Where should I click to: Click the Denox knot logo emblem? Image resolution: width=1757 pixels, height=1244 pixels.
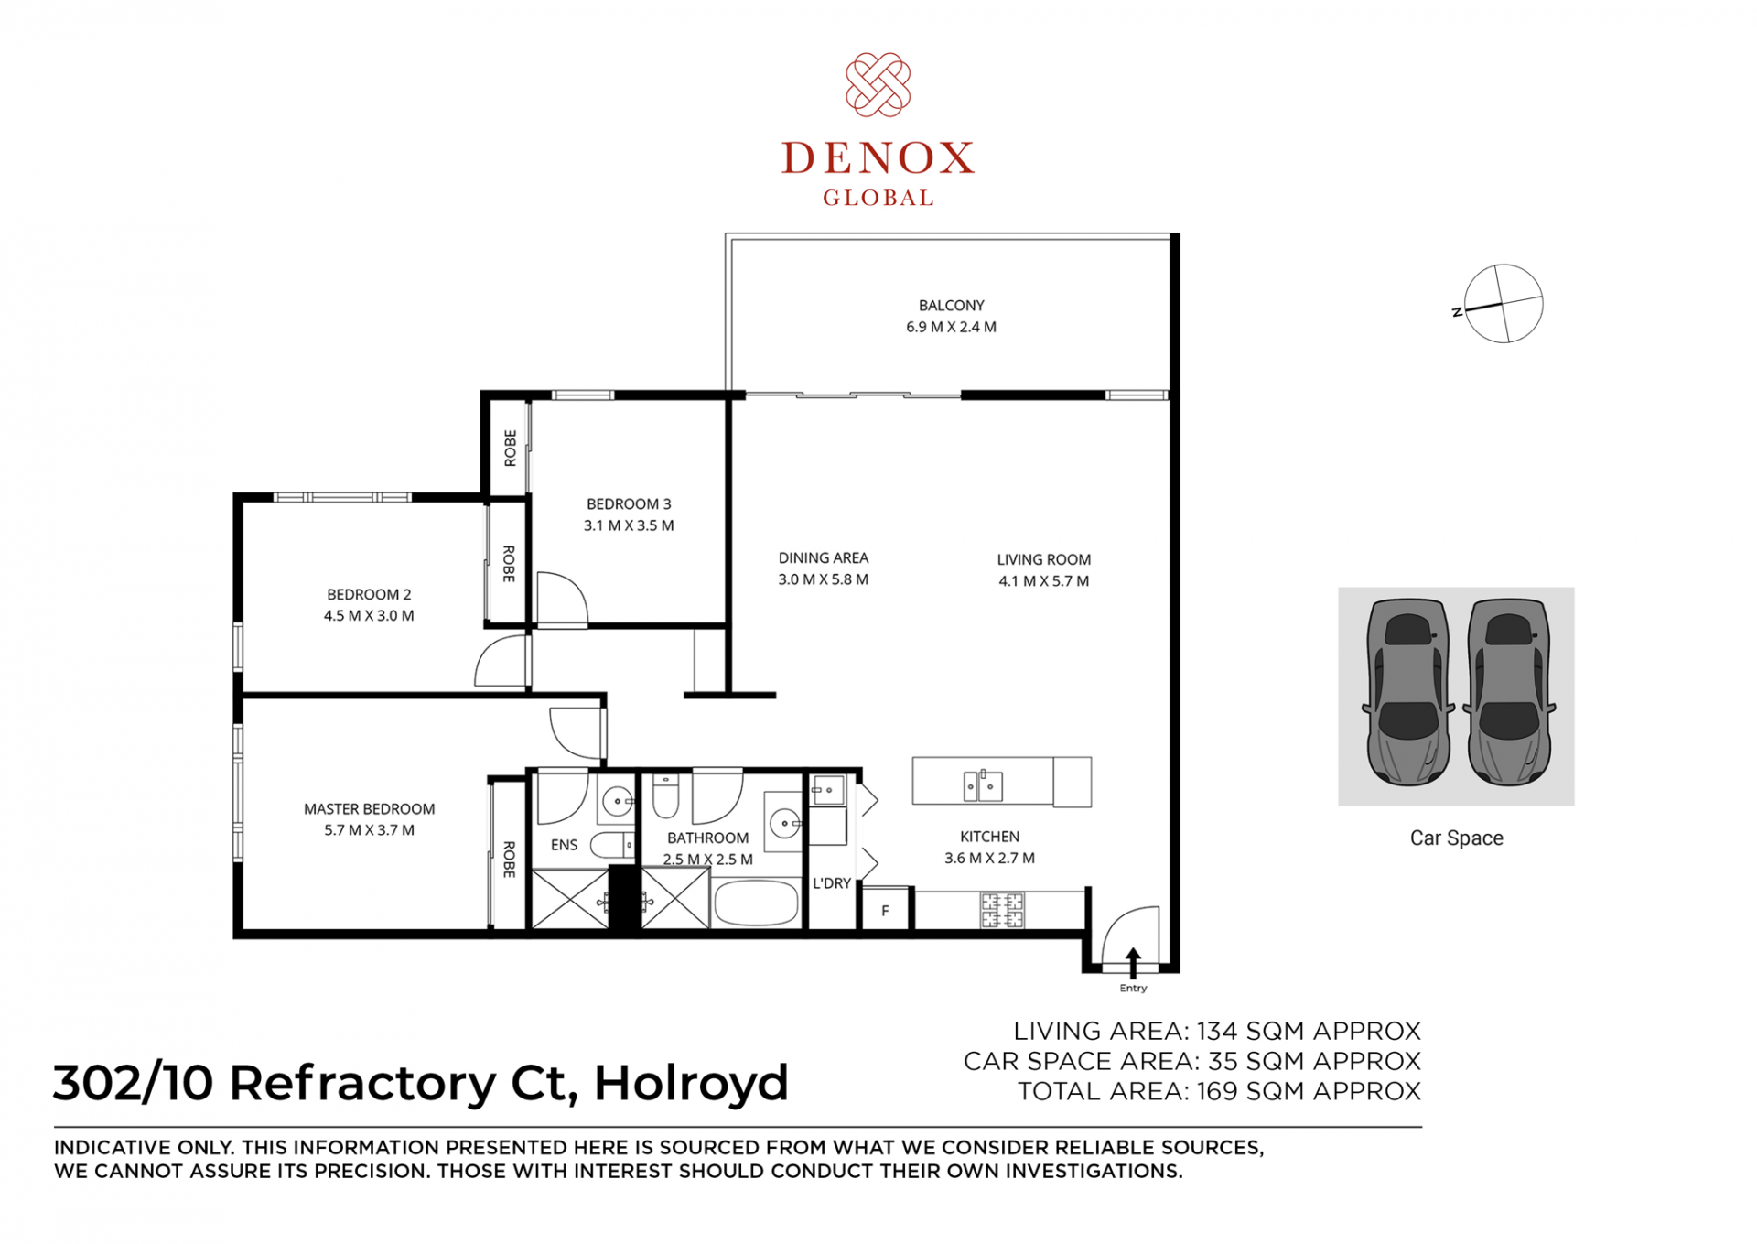coord(878,85)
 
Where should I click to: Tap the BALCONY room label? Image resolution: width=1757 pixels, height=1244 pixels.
coord(951,306)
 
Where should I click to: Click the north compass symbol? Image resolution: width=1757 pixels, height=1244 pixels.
coord(1502,304)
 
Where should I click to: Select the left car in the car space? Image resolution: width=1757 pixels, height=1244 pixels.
coord(1407,692)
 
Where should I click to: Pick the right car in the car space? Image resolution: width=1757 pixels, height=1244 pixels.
coord(1509,692)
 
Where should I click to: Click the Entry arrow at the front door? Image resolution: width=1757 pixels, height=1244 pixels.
coord(1133,963)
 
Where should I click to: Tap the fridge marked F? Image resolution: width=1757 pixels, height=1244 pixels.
coord(886,910)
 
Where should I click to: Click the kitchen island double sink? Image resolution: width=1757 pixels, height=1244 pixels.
coord(982,785)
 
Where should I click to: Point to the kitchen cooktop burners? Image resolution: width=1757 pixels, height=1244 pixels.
coord(1002,910)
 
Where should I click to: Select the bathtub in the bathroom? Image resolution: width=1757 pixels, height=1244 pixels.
coord(757,903)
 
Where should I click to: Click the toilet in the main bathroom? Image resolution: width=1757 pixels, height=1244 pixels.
coord(665,795)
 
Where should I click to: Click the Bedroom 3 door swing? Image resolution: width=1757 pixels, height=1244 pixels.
coord(561,600)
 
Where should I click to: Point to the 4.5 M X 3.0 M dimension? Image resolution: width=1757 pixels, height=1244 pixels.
coord(369,616)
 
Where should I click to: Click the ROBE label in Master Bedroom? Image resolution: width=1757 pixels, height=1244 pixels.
coord(509,860)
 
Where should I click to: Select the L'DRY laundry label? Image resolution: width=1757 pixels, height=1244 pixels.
coord(832,883)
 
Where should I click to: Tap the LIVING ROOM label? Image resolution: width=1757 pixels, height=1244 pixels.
coord(1043,559)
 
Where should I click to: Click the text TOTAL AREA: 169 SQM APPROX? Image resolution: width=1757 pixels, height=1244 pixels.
coord(1219,1091)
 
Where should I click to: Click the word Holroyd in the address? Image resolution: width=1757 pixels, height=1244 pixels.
coord(691,1084)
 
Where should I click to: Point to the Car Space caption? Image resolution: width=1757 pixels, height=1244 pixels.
coord(1456,838)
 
